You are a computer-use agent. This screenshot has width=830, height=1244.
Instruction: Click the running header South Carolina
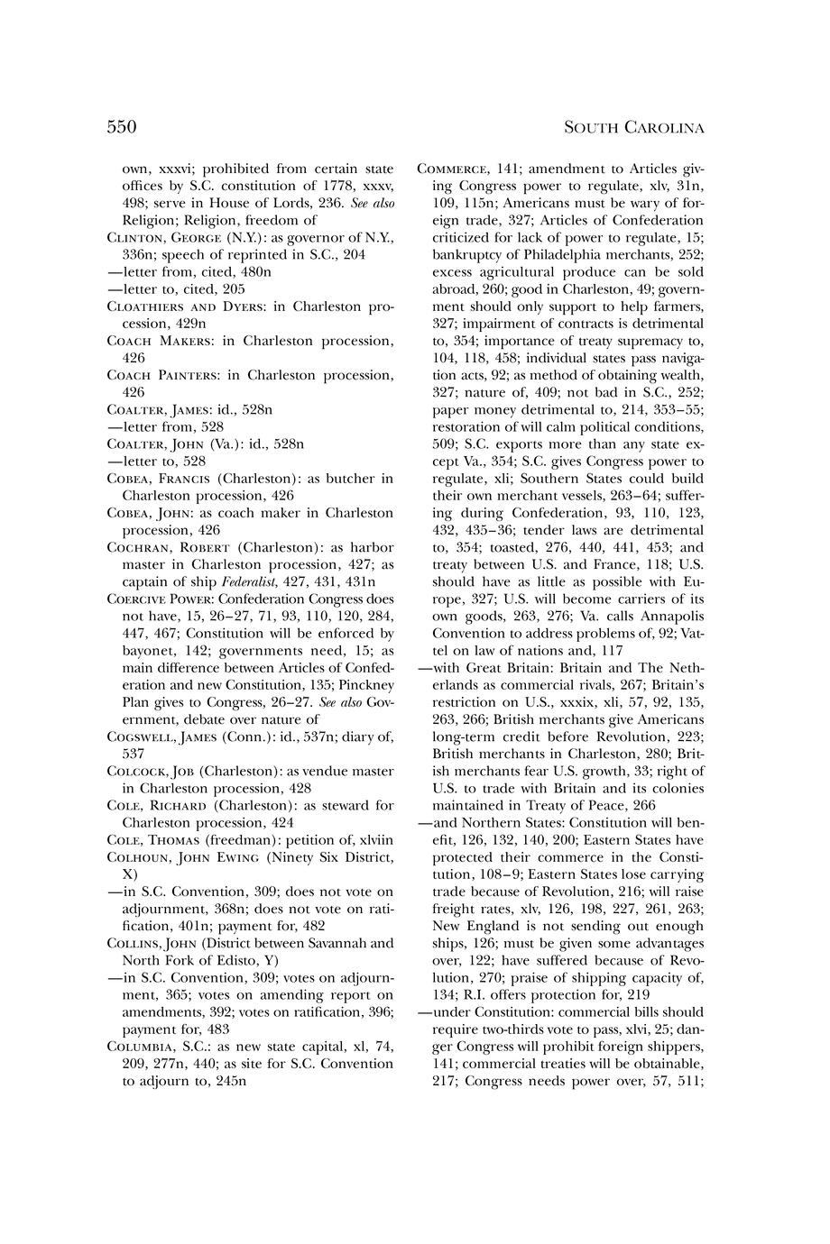[x=633, y=128]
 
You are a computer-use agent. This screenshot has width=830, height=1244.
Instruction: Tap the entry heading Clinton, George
[x=161, y=238]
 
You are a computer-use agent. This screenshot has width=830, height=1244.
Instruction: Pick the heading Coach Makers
[x=157, y=341]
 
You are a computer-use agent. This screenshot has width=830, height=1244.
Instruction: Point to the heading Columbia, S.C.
[x=156, y=1046]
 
